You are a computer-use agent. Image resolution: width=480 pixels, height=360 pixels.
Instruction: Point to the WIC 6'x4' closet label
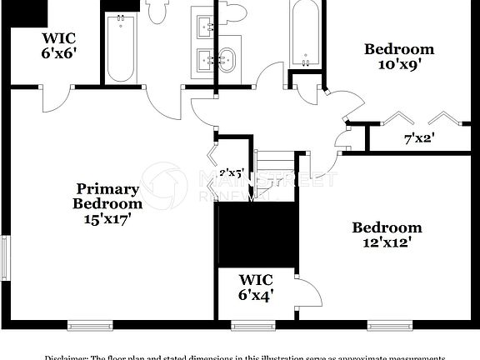point(256,287)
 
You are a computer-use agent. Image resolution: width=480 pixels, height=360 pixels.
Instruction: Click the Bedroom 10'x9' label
point(399,57)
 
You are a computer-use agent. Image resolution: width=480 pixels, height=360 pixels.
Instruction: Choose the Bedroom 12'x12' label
point(386,235)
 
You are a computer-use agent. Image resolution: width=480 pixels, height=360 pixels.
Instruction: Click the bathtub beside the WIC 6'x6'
point(121,47)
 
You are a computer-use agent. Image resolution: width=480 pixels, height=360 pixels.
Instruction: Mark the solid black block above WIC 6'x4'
point(257,233)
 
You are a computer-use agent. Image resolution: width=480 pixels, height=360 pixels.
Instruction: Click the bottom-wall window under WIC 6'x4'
point(253,326)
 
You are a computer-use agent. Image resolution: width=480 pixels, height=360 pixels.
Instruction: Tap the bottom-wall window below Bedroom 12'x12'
point(390,326)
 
